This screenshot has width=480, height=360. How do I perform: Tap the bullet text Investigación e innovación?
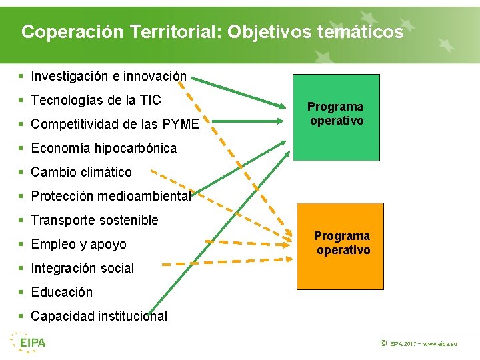point(109,77)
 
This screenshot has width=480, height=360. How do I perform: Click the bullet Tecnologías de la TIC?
point(96,101)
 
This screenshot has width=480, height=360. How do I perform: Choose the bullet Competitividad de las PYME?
point(115,125)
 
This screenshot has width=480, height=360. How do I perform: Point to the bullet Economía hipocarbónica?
point(103,149)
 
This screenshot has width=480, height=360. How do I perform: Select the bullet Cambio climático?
point(81,173)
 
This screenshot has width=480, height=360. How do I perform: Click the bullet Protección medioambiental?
point(111,197)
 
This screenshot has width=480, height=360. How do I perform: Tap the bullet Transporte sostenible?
point(95,221)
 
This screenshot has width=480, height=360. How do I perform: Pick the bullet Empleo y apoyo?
point(79,245)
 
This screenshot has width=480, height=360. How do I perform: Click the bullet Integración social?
point(83,269)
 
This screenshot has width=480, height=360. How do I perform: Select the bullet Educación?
point(62,293)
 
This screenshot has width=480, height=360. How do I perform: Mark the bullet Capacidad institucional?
point(99,317)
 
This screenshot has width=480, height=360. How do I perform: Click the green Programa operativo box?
point(336,117)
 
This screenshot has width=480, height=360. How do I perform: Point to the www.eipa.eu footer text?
point(440,344)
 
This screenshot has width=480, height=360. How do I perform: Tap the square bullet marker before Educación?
point(22,293)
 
